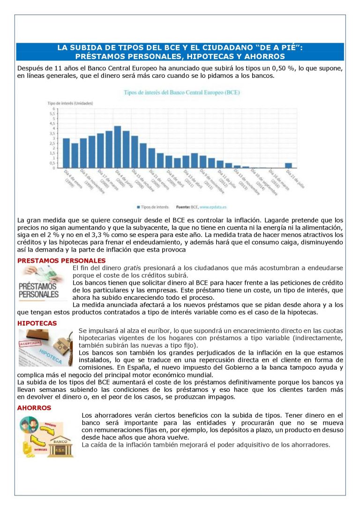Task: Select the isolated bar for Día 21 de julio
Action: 288,165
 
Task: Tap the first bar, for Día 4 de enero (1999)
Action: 66,153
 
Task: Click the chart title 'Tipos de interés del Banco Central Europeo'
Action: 181,93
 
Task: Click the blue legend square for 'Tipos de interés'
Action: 139,206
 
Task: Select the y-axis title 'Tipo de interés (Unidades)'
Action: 70,103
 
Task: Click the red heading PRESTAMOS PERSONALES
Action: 61,260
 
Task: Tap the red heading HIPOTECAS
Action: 37,323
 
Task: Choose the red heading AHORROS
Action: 34,408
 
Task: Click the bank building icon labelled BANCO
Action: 62,445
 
